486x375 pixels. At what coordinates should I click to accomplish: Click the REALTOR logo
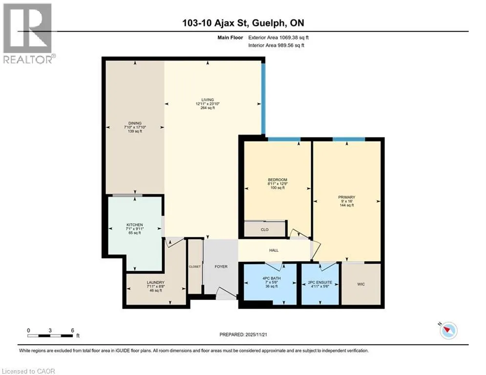pyautogui.click(x=28, y=34)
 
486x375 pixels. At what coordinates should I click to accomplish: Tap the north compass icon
pyautogui.click(x=448, y=331)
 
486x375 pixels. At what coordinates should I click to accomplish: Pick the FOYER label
pyautogui.click(x=221, y=267)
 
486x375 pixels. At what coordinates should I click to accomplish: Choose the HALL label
pyautogui.click(x=274, y=250)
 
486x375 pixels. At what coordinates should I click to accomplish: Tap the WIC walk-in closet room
pyautogui.click(x=361, y=284)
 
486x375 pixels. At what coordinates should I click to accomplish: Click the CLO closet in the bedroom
pyautogui.click(x=265, y=229)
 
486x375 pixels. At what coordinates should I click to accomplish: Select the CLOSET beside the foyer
pyautogui.click(x=195, y=266)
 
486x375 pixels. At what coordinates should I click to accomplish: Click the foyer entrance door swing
pyautogui.click(x=226, y=293)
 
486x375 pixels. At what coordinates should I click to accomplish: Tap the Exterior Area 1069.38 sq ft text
pyautogui.click(x=278, y=38)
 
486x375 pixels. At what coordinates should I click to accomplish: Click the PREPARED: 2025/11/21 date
pyautogui.click(x=243, y=334)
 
